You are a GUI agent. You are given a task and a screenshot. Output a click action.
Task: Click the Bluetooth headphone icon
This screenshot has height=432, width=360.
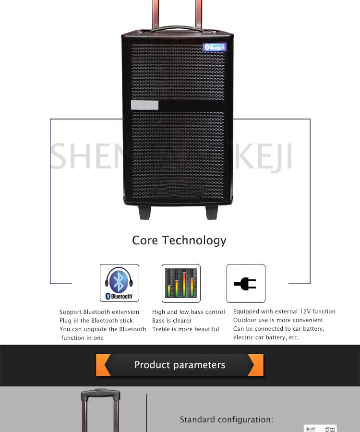[119, 283]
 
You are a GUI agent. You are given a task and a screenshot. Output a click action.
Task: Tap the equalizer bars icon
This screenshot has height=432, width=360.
[180, 283]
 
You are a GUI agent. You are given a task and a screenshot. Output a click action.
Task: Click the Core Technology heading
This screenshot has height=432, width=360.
[179, 240]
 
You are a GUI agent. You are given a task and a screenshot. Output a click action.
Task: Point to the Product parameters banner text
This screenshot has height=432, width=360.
[180, 365]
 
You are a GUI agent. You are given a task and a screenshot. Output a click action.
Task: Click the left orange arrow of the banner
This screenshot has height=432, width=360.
[104, 365]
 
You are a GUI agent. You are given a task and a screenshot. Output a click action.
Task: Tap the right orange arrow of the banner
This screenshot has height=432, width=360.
[256, 365]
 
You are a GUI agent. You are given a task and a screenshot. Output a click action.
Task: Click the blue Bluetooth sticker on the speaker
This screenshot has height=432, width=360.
[215, 47]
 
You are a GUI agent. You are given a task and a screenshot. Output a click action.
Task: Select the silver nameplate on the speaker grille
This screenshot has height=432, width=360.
[144, 105]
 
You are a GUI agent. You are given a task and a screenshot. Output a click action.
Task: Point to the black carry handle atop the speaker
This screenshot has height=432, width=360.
[178, 30]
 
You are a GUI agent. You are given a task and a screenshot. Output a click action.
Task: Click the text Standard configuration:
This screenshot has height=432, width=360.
[226, 420]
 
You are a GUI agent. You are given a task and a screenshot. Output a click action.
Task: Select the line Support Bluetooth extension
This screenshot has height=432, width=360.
[99, 312]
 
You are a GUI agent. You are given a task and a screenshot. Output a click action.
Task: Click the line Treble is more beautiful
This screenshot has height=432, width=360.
[186, 329]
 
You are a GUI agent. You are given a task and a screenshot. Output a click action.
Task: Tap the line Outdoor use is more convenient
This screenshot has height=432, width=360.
[278, 320]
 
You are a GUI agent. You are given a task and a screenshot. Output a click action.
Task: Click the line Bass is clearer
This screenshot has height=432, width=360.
[172, 321]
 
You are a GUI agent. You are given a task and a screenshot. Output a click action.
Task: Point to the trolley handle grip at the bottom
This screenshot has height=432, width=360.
[100, 395]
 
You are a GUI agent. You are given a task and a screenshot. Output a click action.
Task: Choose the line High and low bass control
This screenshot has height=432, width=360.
[189, 312]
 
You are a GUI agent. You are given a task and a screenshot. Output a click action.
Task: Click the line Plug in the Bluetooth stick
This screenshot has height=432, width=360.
[96, 321]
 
